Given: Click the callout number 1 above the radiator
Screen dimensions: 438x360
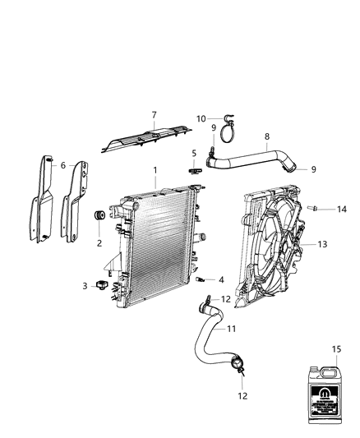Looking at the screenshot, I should (154, 170).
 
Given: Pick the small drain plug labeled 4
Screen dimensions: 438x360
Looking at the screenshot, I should (200, 280).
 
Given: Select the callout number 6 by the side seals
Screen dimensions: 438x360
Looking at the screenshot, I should (62, 165).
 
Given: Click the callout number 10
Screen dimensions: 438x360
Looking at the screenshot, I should (201, 118).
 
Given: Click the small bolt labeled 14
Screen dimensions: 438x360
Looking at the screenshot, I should (312, 208).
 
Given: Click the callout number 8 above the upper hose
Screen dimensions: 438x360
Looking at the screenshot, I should (265, 136).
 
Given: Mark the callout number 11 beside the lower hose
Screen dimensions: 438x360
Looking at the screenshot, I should (232, 329).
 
